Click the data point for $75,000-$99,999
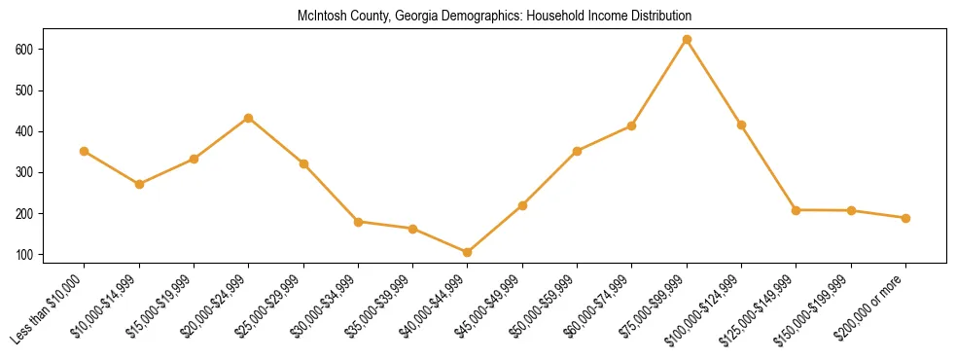[x=687, y=39]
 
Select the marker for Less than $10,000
[x=84, y=151]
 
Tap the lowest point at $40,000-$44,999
[x=467, y=252]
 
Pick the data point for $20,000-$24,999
[x=248, y=118]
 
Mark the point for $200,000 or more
[x=905, y=218]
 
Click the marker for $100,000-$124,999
[x=741, y=125]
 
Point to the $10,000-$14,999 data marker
[x=139, y=184]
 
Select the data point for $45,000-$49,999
[x=522, y=205]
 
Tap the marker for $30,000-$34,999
[x=358, y=222]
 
